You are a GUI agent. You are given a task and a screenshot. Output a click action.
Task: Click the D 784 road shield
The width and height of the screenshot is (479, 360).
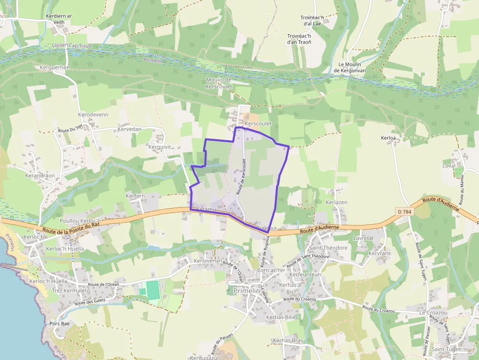(404, 211)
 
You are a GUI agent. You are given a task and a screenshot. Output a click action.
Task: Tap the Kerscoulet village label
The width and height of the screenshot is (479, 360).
(258, 124)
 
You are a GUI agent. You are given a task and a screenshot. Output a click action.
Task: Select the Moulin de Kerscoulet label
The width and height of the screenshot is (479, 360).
(218, 83)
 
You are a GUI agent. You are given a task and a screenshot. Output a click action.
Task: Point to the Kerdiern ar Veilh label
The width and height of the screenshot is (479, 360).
(59, 19)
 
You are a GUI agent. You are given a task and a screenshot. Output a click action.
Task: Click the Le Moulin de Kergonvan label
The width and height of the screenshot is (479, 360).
(349, 67)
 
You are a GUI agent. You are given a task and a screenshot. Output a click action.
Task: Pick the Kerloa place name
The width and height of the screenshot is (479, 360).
(388, 138)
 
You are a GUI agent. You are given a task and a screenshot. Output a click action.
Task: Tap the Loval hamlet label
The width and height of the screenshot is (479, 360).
(448, 166)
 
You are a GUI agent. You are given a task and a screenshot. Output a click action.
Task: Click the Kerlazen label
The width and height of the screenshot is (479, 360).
(336, 202)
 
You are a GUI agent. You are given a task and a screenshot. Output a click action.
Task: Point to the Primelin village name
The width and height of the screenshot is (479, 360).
(247, 291)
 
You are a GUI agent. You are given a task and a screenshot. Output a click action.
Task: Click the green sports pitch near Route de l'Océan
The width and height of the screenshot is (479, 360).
(153, 290)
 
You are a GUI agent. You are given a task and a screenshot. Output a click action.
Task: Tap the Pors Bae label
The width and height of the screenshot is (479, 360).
(60, 323)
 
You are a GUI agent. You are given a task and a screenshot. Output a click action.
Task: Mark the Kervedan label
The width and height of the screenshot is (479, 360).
(130, 129)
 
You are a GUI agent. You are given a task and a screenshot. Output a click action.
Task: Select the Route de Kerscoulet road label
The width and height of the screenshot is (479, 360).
(240, 176)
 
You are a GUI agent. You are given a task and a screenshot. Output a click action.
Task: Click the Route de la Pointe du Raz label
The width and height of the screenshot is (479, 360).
(71, 228)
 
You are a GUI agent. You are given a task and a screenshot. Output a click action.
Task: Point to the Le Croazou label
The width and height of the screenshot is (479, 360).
(433, 312)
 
